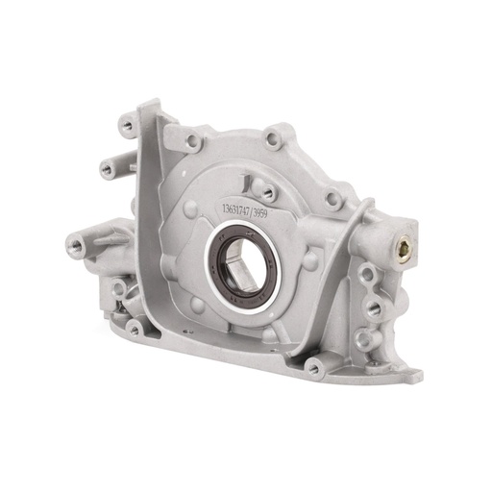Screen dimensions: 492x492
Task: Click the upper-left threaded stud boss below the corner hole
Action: click(107, 169)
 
